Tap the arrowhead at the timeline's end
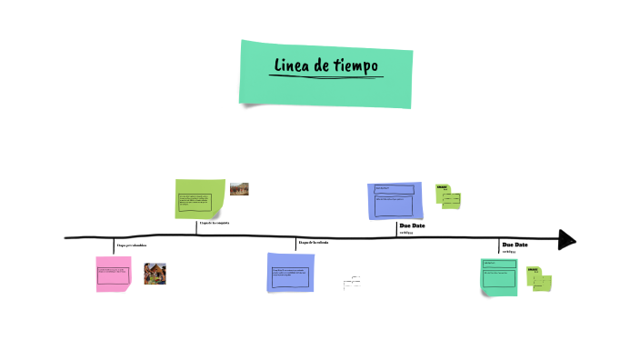tap(567, 239)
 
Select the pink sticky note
tap(114, 274)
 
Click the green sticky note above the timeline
tap(200, 199)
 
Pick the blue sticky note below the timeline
tap(291, 272)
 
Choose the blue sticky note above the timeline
tap(395, 200)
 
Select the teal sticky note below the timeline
tap(501, 276)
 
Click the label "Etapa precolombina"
tap(132, 245)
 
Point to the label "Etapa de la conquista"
tap(215, 223)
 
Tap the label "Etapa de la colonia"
tap(314, 242)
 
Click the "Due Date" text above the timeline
tap(412, 225)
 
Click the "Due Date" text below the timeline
tap(515, 245)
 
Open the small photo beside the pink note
tap(155, 274)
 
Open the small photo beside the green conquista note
tap(239, 189)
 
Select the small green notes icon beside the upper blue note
tap(447, 195)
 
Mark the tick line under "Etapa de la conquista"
tap(196, 228)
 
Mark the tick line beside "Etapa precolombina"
tap(115, 245)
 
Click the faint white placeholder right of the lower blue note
tap(352, 283)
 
